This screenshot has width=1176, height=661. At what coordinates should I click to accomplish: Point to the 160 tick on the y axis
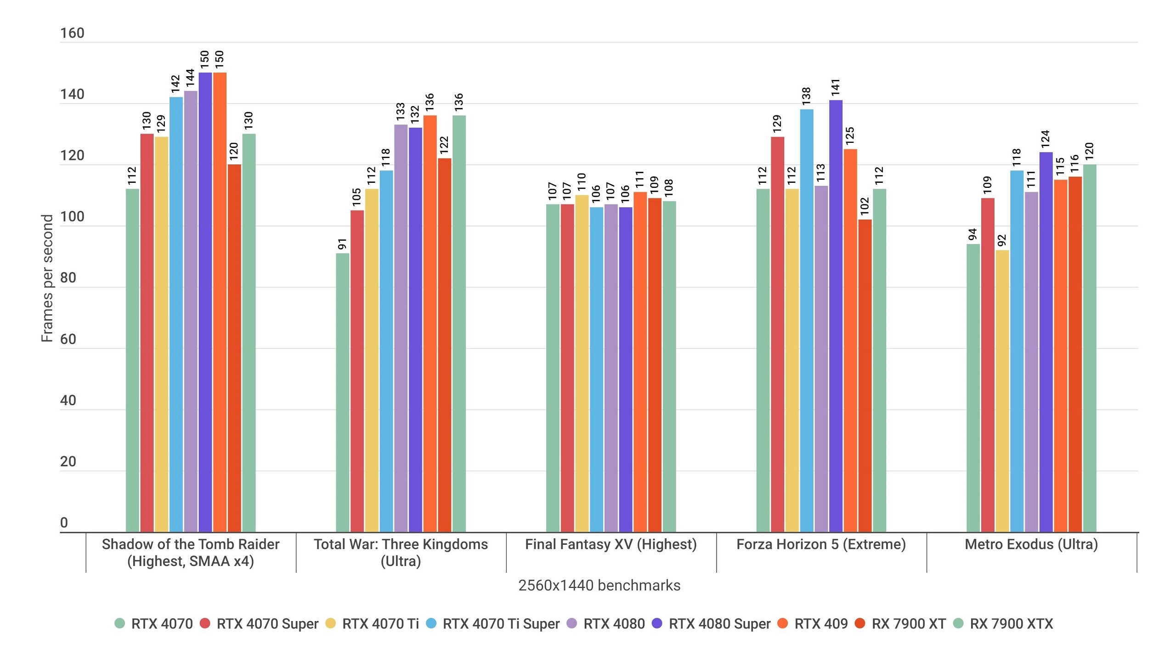[72, 33]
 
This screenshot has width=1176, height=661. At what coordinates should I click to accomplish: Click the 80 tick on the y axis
[68, 278]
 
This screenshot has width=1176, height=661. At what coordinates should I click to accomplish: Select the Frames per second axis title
[47, 278]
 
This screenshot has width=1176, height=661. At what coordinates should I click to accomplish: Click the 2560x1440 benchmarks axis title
[599, 585]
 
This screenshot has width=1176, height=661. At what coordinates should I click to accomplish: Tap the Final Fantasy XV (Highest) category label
[611, 544]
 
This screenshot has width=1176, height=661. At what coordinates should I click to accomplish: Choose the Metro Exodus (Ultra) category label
[1031, 544]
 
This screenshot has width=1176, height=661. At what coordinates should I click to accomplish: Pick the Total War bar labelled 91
[342, 393]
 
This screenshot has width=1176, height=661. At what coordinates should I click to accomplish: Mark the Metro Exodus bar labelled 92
[1002, 391]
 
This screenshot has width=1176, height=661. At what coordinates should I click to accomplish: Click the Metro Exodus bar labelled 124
[1046, 342]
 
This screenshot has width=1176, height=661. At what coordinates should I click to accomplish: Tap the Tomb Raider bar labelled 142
[176, 315]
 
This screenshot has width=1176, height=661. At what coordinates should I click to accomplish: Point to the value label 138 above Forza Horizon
[806, 96]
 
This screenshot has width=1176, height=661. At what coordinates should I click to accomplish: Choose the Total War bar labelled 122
[444, 345]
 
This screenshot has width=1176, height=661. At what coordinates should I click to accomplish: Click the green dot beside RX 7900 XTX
[958, 623]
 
